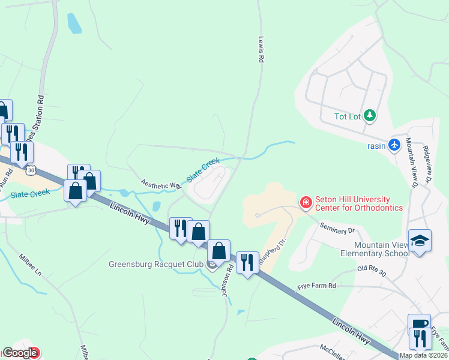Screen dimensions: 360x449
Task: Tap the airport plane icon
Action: pyautogui.click(x=394, y=145)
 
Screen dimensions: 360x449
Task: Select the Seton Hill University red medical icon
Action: pyautogui.click(x=306, y=203)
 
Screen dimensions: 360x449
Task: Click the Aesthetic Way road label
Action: pyautogui.click(x=161, y=184)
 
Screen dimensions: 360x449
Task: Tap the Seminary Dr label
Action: pyautogui.click(x=338, y=229)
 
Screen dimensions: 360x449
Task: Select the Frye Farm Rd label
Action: pyautogui.click(x=316, y=287)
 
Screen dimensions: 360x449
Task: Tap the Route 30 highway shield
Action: pyautogui.click(x=31, y=170)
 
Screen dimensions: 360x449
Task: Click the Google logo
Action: pyautogui.click(x=20, y=353)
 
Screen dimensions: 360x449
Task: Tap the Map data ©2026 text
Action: pyautogui.click(x=424, y=355)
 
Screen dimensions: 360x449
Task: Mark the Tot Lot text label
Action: pyautogui.click(x=349, y=116)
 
